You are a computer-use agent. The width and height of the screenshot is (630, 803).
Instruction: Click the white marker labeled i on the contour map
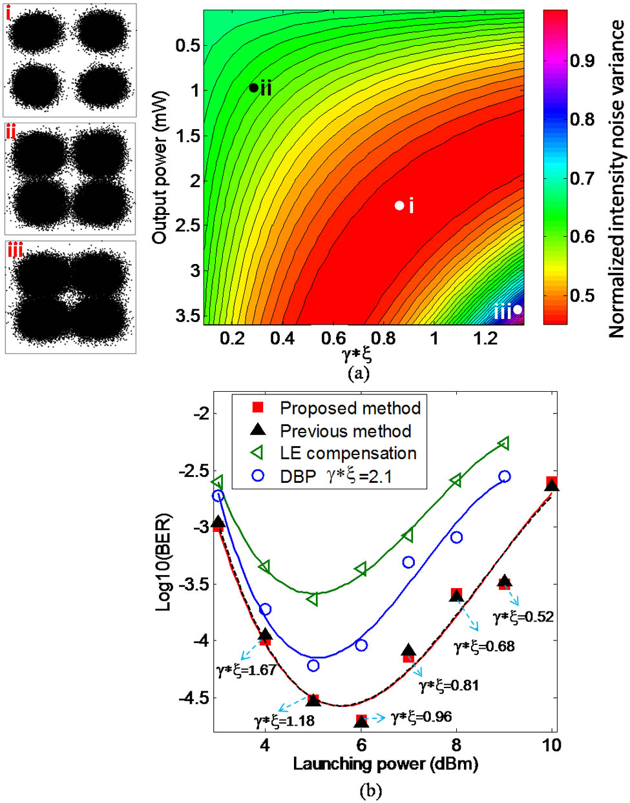[399, 205]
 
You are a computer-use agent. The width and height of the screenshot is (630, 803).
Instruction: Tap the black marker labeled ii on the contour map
[254, 88]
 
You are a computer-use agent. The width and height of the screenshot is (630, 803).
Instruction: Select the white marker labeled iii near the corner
[517, 309]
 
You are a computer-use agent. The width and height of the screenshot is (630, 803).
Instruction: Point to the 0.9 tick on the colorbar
[582, 61]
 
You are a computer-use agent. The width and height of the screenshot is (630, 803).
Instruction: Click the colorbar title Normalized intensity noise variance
[617, 178]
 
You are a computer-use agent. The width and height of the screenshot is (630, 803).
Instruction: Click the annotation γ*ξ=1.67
[246, 670]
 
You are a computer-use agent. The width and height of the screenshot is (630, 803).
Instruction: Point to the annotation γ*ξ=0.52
[523, 617]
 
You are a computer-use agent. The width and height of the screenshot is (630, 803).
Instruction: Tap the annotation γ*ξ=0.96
[421, 717]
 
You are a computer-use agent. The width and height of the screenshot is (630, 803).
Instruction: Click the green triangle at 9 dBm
[504, 443]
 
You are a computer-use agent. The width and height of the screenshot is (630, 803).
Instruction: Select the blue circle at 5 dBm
[313, 666]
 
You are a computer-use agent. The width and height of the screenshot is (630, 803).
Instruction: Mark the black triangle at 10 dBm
[552, 485]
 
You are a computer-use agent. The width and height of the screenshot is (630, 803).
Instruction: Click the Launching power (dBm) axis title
[386, 764]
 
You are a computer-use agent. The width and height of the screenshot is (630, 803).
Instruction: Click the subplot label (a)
[358, 373]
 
